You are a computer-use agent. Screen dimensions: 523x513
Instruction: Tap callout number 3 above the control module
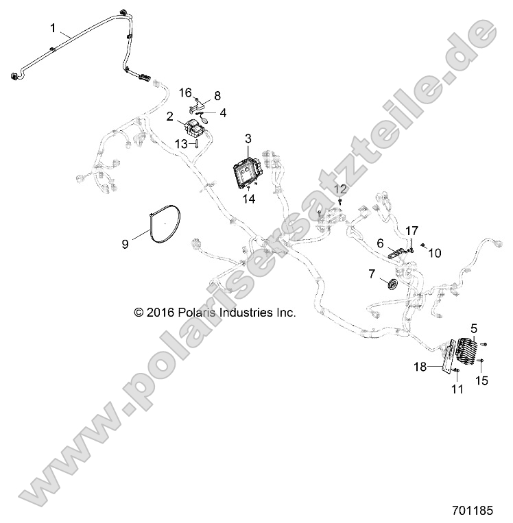(x=248, y=139)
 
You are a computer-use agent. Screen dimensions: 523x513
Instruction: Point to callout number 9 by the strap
(x=126, y=243)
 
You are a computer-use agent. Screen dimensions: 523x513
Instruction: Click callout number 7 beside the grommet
(x=392, y=274)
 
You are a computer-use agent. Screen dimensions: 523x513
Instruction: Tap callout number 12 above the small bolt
(x=340, y=188)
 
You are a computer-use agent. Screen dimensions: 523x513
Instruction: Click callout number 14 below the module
(x=248, y=199)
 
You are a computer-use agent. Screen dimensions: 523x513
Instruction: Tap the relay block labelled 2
(x=197, y=128)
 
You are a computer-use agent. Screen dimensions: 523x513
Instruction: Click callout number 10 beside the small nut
(x=434, y=252)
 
